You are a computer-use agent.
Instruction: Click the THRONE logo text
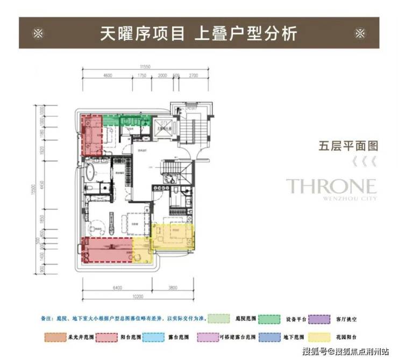tap(331, 186)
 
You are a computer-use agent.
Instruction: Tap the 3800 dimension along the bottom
tap(172, 288)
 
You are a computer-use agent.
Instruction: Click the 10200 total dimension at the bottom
tap(138, 298)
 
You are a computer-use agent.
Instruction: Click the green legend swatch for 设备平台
tap(272, 319)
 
